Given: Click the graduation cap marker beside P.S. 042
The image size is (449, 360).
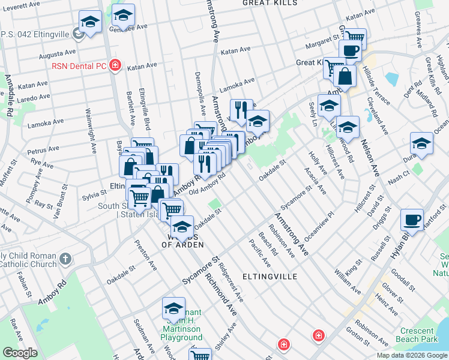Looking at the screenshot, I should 90,23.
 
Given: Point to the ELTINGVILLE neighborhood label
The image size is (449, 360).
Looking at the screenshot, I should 270,277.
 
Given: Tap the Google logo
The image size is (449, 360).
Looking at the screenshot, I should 20,352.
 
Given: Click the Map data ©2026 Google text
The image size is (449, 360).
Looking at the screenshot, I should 412,355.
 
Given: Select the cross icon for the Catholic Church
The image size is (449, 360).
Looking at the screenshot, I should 65,260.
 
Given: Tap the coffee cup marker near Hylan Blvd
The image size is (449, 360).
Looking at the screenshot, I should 412,220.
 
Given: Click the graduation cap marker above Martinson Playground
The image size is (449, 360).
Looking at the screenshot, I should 173,308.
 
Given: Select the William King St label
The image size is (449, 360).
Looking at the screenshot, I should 348,271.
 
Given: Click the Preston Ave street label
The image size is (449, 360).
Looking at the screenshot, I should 145,253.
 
